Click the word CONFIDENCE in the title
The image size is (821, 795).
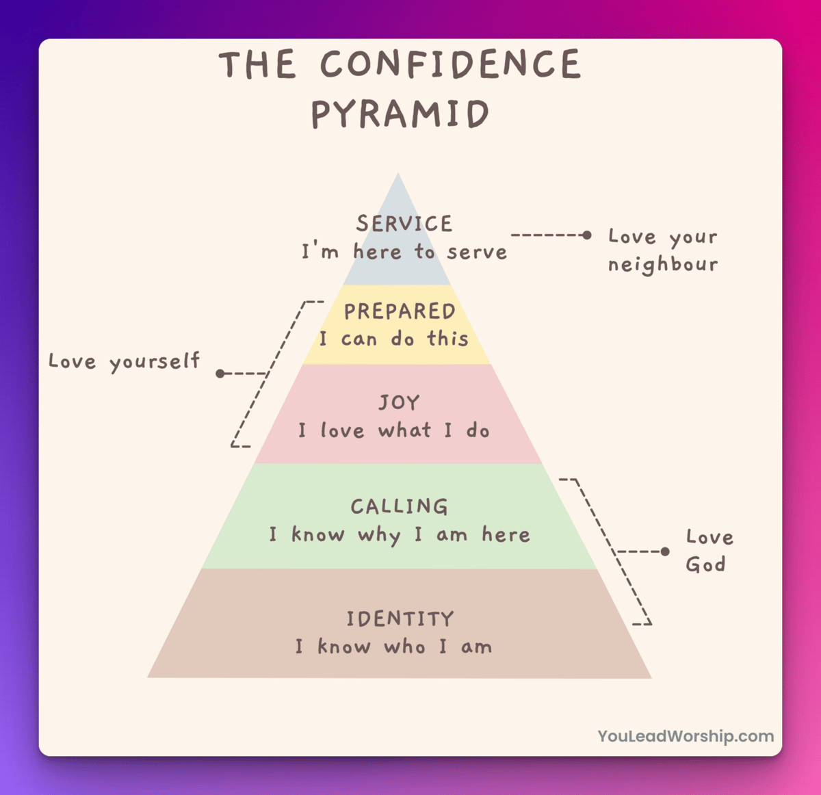click(x=450, y=65)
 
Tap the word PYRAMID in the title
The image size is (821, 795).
click(x=400, y=114)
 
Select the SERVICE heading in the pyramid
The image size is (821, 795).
click(x=404, y=224)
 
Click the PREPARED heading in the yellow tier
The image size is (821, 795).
click(x=400, y=311)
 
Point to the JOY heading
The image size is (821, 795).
click(x=400, y=402)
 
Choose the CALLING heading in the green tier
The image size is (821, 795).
click(x=400, y=506)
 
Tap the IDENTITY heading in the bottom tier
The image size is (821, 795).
click(x=400, y=619)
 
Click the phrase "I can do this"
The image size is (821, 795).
click(x=394, y=339)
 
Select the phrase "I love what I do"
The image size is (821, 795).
click(x=394, y=430)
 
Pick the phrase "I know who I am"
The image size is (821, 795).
click(x=394, y=647)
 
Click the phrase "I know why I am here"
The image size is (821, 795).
click(x=400, y=534)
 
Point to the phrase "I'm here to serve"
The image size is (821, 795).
click(x=404, y=252)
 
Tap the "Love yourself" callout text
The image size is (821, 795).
click(x=124, y=361)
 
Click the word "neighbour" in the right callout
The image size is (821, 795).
click(x=663, y=265)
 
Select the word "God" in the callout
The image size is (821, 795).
click(x=705, y=565)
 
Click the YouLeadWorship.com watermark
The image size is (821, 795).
click(x=686, y=736)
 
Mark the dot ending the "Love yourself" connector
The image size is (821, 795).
click(x=220, y=374)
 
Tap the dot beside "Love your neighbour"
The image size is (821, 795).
click(x=586, y=235)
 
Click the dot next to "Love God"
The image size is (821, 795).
click(x=665, y=551)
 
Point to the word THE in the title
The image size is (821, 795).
click(x=258, y=65)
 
